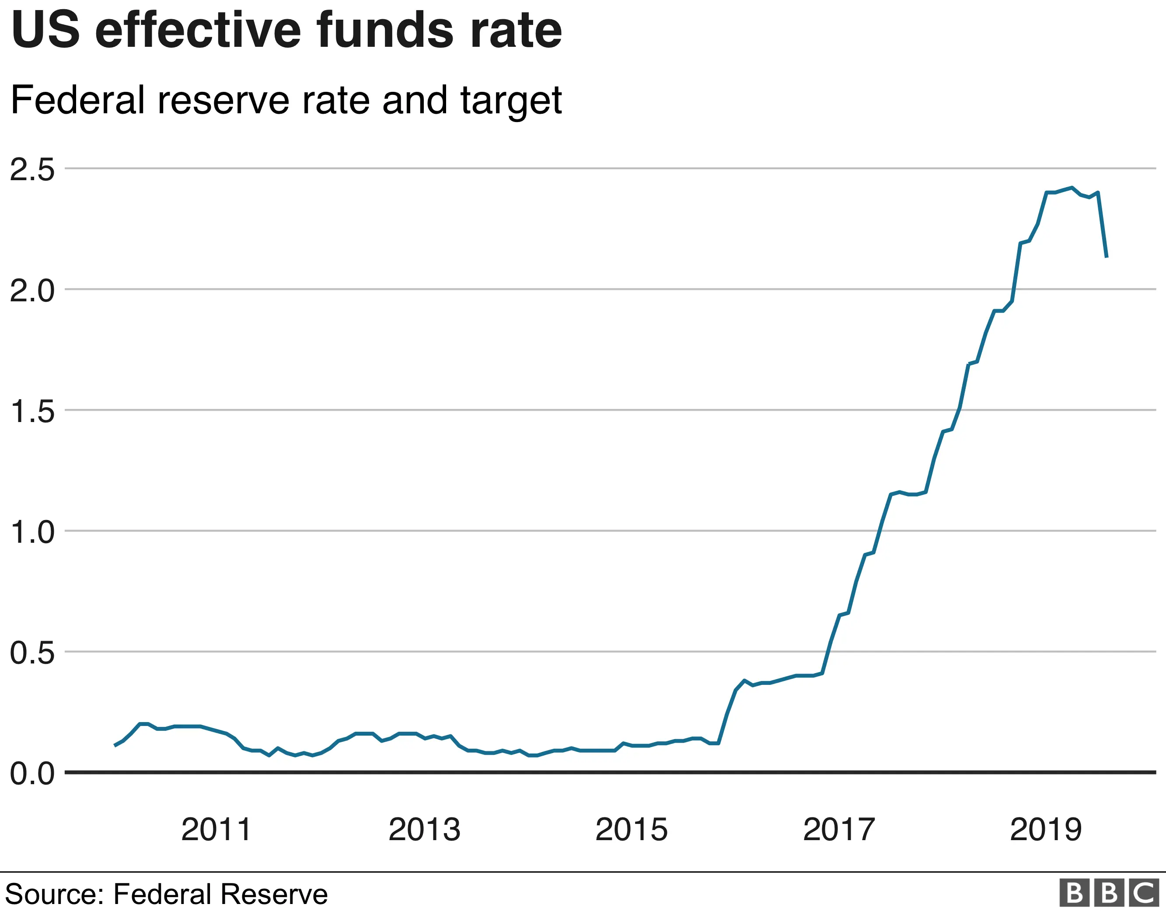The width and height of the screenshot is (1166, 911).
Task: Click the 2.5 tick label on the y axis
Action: pyautogui.click(x=32, y=170)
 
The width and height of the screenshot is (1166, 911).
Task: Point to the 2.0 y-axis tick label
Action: pyautogui.click(x=32, y=291)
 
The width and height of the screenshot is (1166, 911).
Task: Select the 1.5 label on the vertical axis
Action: pyautogui.click(x=32, y=412)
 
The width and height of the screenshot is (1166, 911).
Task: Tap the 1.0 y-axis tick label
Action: pyautogui.click(x=32, y=532)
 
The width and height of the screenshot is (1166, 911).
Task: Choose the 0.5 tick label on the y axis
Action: pyautogui.click(x=32, y=653)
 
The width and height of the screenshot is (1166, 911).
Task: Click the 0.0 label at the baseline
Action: pyautogui.click(x=32, y=774)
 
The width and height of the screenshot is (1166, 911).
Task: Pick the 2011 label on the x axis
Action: pyautogui.click(x=216, y=830)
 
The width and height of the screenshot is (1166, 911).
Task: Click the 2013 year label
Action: pyautogui.click(x=424, y=830)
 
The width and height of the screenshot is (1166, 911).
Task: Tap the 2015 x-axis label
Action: pyautogui.click(x=631, y=830)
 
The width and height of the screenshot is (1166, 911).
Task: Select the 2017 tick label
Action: pyautogui.click(x=839, y=830)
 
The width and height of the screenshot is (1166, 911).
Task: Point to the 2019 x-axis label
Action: pyautogui.click(x=1046, y=830)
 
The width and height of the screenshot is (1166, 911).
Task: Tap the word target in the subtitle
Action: pyautogui.click(x=511, y=101)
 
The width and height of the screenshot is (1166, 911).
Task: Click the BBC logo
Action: pyautogui.click(x=1109, y=892)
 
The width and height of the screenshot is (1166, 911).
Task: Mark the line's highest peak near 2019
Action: pyautogui.click(x=1072, y=188)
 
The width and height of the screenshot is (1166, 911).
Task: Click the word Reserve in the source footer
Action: pyautogui.click(x=273, y=894)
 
